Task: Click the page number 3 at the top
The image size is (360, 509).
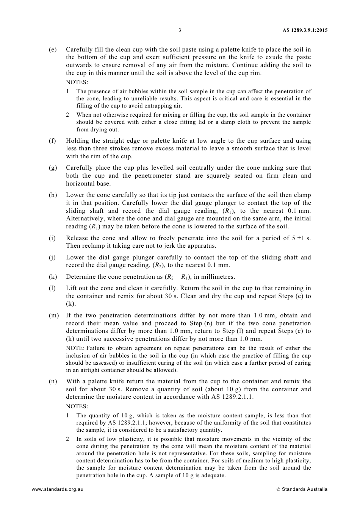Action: (x=180, y=30)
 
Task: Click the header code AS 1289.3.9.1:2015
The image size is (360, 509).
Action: (x=305, y=30)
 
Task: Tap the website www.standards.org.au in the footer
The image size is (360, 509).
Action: (x=58, y=489)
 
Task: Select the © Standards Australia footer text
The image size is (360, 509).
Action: (x=302, y=489)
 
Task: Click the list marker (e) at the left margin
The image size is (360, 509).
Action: (x=53, y=50)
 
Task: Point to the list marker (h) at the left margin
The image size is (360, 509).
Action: (x=53, y=195)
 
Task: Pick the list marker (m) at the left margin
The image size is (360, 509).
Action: (x=53, y=315)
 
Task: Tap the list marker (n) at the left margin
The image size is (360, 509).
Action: (x=53, y=381)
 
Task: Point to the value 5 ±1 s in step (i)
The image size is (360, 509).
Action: (x=301, y=238)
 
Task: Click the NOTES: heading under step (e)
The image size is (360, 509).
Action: (x=77, y=82)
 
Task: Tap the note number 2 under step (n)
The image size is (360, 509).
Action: (x=68, y=439)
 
